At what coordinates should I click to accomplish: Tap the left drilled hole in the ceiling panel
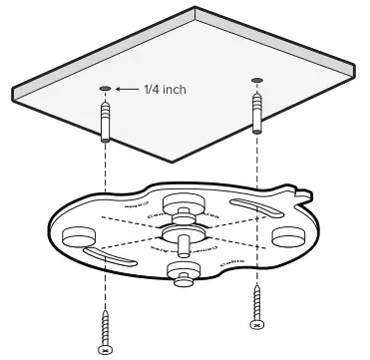tap(104, 89)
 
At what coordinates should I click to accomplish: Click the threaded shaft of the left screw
tap(105, 325)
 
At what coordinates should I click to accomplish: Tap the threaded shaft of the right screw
tap(256, 302)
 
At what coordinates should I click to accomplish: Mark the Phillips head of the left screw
tap(105, 349)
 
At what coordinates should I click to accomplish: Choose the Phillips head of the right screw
tap(256, 324)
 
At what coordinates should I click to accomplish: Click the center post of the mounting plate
tap(181, 238)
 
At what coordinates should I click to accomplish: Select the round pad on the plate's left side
tap(77, 238)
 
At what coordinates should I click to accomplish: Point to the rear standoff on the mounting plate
tap(183, 203)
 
